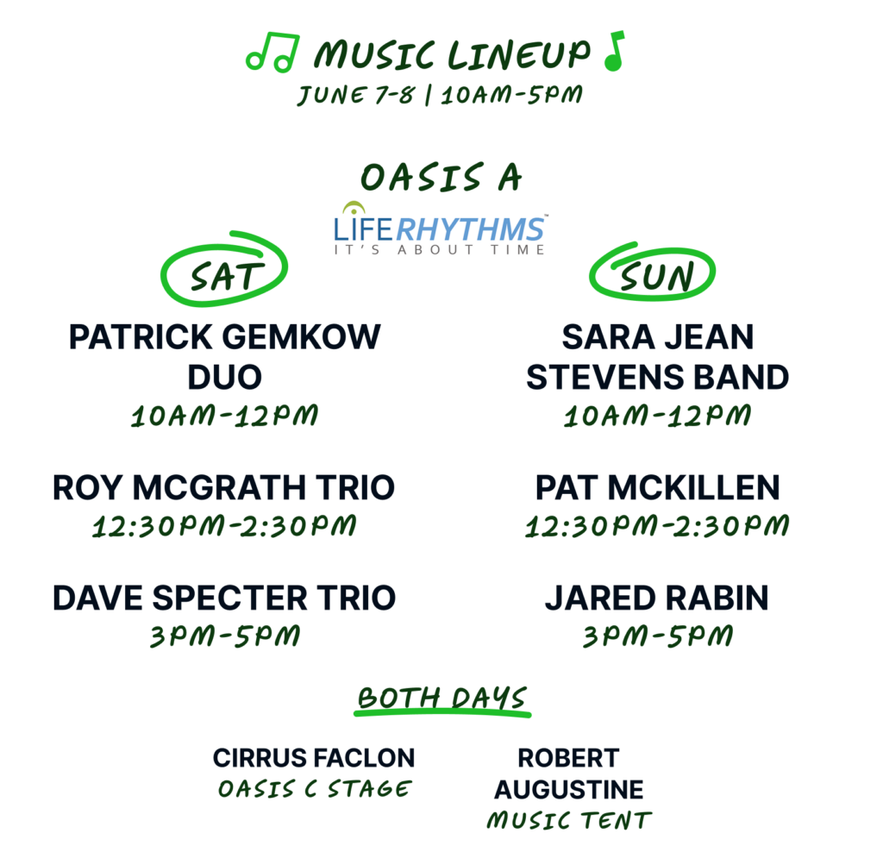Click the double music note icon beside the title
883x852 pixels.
(272, 53)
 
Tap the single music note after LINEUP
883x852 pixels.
(614, 51)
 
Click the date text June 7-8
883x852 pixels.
(356, 95)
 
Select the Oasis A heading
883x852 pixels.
(441, 178)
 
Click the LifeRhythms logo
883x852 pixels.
(440, 229)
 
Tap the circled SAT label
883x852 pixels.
(224, 268)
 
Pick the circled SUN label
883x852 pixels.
(652, 272)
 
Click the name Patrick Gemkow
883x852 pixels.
(225, 337)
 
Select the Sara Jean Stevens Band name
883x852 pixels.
(657, 357)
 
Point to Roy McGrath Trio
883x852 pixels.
(223, 488)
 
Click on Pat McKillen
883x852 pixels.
(657, 488)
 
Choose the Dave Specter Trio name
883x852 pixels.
(224, 598)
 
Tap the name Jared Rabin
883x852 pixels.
(656, 598)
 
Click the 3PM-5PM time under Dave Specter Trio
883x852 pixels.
(225, 636)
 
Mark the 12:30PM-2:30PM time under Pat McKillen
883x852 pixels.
(657, 526)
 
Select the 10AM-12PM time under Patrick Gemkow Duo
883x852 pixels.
(225, 417)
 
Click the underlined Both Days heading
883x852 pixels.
(442, 700)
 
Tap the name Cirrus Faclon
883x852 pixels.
(314, 758)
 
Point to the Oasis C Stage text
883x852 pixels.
(315, 788)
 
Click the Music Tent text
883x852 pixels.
(569, 820)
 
